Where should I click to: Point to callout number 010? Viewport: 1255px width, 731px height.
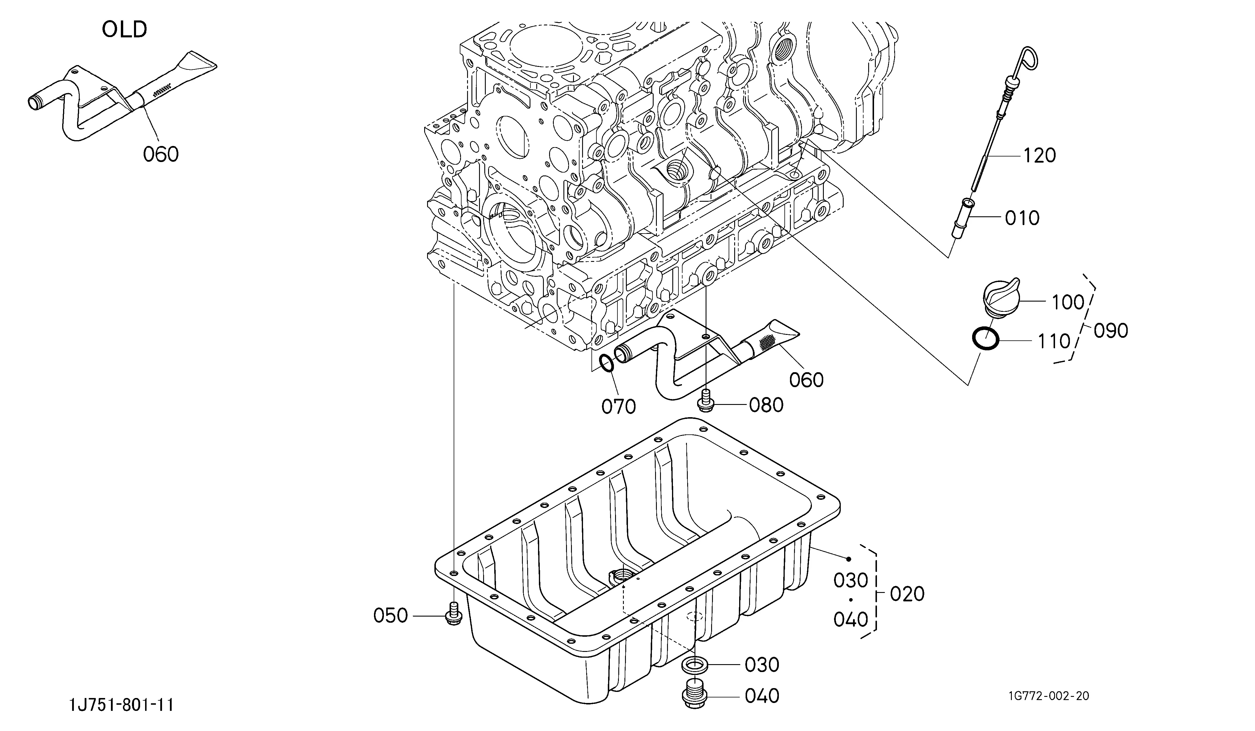click(x=1022, y=218)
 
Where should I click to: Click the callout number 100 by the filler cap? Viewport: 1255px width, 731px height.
click(x=1068, y=302)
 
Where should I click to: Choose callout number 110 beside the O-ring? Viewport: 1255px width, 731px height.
click(x=1054, y=342)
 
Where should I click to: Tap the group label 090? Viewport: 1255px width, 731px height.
click(x=1110, y=331)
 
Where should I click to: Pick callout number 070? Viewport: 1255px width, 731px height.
click(x=619, y=407)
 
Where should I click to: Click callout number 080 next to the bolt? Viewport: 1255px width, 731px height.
click(x=766, y=405)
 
